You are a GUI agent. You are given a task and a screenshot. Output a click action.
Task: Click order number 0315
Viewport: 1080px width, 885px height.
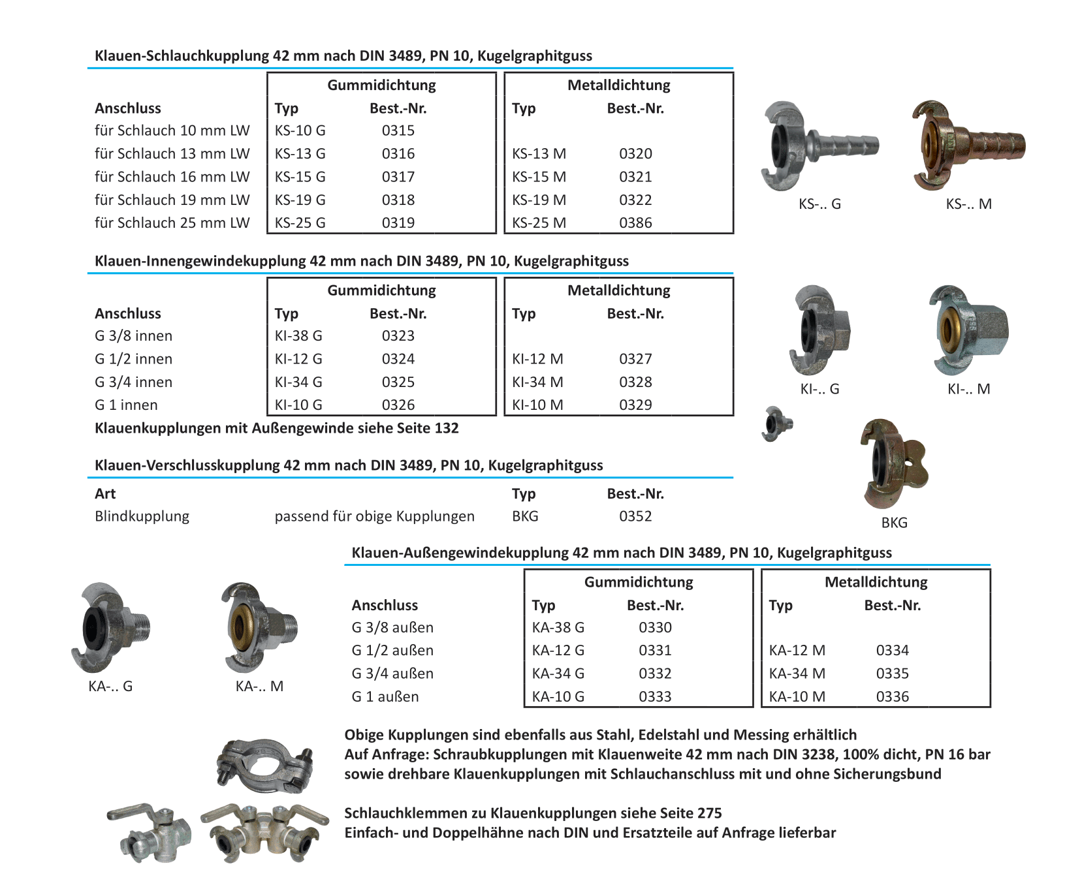point(398,131)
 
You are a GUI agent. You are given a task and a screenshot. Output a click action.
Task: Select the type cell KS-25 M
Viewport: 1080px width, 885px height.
point(539,223)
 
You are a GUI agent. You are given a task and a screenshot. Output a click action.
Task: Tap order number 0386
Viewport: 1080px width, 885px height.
point(635,223)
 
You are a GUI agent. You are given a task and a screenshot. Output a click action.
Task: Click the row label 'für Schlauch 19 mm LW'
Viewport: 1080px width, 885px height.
point(172,200)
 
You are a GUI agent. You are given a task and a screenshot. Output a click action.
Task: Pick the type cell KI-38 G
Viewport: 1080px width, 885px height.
point(298,336)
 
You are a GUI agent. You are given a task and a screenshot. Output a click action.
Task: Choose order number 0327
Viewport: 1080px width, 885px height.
point(635,359)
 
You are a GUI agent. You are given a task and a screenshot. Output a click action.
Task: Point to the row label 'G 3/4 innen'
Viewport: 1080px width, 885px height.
point(133,382)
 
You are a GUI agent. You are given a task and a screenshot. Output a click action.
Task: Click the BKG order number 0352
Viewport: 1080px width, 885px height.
point(635,516)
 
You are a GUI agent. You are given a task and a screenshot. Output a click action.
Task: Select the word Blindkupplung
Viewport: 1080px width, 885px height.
point(142,516)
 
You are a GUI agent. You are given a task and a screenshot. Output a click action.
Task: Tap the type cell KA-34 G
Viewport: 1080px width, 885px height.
point(558,674)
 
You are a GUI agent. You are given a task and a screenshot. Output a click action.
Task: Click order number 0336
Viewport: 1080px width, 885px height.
point(892,697)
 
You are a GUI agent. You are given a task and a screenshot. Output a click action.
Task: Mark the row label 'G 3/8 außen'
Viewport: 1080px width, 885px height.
point(392,628)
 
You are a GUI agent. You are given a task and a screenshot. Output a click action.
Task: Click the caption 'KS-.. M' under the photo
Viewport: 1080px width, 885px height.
point(968,204)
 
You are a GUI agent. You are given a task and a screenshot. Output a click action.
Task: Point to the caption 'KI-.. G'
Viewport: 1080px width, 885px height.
point(819,390)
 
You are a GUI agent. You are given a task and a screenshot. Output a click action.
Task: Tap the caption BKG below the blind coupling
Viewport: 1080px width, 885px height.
point(894,523)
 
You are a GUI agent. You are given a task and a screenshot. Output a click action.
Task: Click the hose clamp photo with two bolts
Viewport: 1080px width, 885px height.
point(264,764)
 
